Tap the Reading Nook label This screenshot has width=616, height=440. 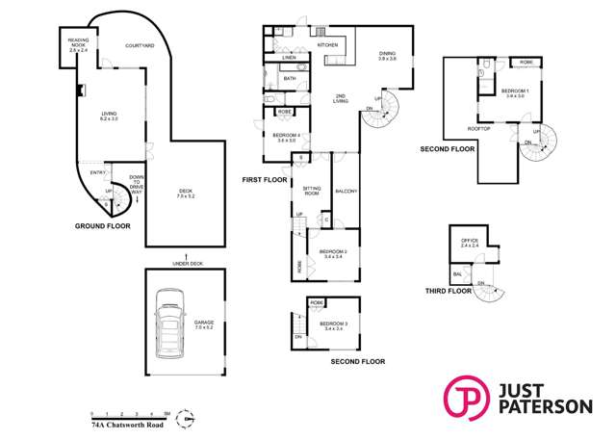point(78,43)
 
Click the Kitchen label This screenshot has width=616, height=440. point(327,45)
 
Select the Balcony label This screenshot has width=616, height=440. point(346,193)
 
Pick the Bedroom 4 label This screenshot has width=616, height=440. point(286,137)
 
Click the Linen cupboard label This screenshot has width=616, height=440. point(289,58)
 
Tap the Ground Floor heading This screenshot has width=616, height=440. point(103,226)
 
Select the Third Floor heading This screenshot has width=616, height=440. point(449,290)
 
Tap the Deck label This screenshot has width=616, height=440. point(186,194)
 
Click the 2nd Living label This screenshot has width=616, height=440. point(341,96)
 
